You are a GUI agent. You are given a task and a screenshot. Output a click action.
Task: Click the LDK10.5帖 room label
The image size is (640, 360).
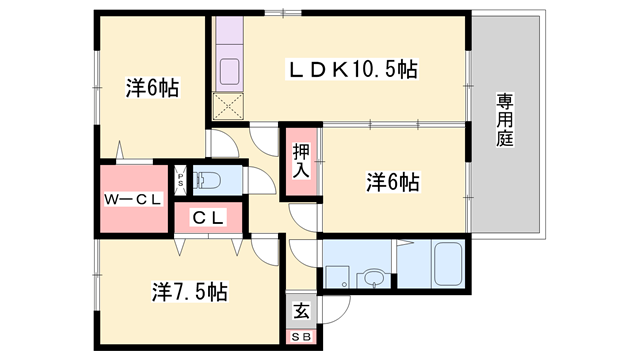point(353,69)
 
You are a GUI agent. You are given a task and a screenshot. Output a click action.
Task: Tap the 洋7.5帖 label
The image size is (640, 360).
point(190,292)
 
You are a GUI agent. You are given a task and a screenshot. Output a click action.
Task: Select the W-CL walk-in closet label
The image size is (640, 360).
point(133,200)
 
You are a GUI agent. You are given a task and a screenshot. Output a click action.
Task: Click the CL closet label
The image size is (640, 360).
point(208,218)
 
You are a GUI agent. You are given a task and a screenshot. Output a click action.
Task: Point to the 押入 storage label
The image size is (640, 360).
point(301,160)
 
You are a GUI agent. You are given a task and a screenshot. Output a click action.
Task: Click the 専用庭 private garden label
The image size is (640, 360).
point(505,120)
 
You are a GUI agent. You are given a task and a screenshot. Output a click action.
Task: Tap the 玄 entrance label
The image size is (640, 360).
point(301,311)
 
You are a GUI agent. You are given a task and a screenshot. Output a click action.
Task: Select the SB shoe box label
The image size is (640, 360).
point(301,337)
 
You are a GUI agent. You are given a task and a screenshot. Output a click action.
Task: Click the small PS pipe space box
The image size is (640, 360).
point(180,180)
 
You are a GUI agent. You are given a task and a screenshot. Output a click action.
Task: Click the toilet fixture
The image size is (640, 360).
point(206,180)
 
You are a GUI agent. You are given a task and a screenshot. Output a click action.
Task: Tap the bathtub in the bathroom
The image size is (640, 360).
point(448,264)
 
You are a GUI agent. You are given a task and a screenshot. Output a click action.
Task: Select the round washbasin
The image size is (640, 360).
point(372,278)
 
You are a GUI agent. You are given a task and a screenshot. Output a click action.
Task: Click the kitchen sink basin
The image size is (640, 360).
point(229,71)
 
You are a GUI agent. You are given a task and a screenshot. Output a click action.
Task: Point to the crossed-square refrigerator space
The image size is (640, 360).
point(228,107)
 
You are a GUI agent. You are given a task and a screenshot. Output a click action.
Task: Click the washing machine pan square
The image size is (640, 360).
point(337,278)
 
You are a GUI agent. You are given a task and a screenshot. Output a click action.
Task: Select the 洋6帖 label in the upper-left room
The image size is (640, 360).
point(152,87)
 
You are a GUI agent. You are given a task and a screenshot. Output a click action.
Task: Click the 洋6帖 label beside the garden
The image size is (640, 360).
point(393,182)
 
